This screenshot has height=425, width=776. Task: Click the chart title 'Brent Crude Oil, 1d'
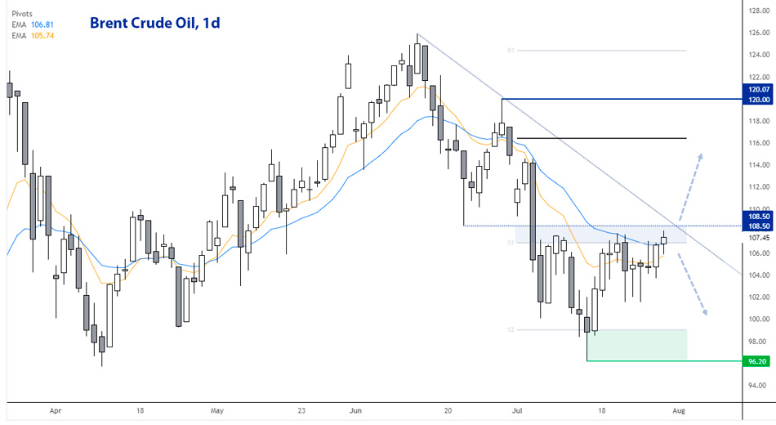pos(154,23)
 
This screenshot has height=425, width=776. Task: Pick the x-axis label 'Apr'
pos(55,412)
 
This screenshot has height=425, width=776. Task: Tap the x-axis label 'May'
pos(216,412)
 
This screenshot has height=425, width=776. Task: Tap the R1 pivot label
pos(510,51)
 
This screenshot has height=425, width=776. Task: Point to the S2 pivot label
pos(510,330)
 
